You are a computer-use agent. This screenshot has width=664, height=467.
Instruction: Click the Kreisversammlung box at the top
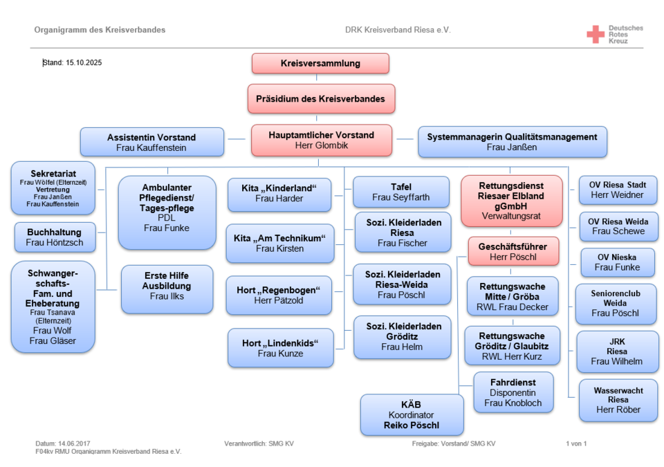[320, 64]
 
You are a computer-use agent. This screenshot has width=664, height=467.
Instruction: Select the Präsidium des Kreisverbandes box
[321, 99]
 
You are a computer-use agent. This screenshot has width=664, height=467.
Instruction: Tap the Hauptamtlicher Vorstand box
[321, 140]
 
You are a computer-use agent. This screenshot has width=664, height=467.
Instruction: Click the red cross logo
[595, 34]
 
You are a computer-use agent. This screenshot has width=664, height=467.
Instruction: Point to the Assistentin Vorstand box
[151, 142]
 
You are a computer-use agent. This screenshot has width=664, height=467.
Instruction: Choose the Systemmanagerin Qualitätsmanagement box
[512, 142]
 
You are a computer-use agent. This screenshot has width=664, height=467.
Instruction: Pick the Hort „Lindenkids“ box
[280, 348]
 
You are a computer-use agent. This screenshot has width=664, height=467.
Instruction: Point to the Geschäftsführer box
[513, 252]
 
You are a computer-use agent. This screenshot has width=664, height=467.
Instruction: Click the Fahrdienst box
[513, 392]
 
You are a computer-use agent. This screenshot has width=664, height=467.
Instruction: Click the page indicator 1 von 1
[575, 443]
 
